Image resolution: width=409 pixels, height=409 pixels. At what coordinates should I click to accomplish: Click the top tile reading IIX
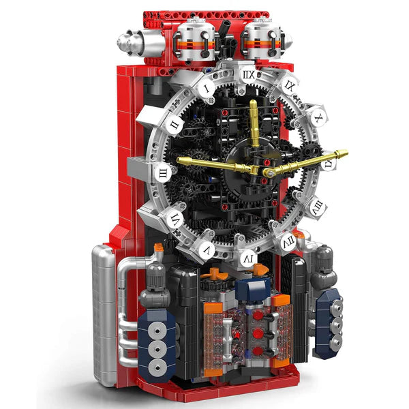coord(248,75)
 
